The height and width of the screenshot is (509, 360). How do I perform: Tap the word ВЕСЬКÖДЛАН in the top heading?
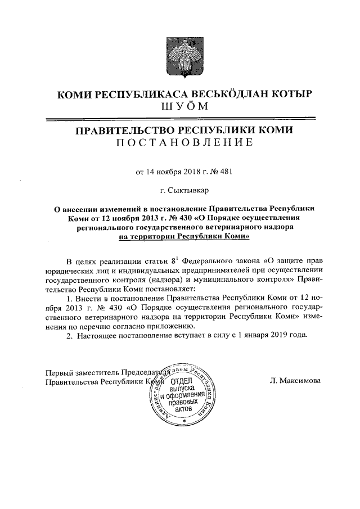(x=217, y=94)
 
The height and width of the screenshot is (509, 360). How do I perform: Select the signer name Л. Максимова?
(x=296, y=381)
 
